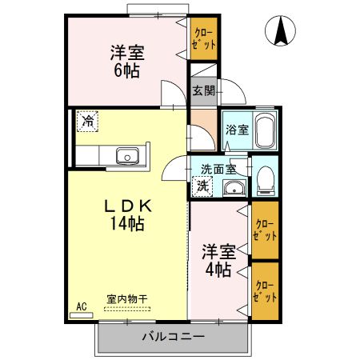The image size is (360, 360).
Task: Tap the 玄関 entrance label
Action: point(203,90)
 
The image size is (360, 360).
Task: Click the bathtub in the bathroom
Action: point(266,130)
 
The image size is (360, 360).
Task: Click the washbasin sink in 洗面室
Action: point(233,188)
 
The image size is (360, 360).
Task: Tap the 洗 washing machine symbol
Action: point(203,185)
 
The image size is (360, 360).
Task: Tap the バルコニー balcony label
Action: point(174,336)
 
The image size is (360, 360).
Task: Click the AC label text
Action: point(81,306)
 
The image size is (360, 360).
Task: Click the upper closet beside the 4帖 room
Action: point(266,230)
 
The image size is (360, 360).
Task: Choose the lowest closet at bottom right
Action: point(266,290)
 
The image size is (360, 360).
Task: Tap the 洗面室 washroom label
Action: point(218,169)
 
